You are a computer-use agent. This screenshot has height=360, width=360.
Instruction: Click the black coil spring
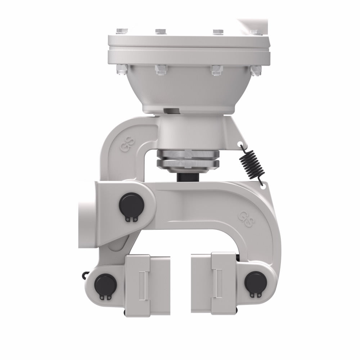(251, 163)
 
